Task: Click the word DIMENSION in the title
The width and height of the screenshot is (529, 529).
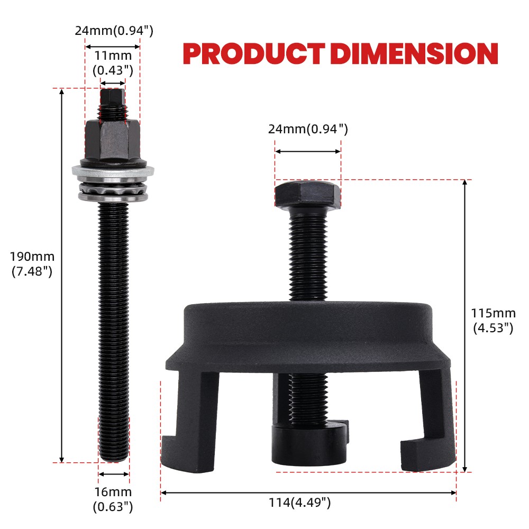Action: pos(417,53)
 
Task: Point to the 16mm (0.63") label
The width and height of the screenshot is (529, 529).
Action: pos(113,499)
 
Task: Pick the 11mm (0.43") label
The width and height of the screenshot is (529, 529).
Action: pos(113,61)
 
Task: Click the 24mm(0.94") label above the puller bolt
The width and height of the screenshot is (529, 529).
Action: pos(308,129)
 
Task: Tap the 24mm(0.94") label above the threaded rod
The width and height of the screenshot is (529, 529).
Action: pos(114,31)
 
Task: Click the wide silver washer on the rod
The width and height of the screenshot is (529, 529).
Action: pos(113,171)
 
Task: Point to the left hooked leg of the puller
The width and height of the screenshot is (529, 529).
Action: pos(185,423)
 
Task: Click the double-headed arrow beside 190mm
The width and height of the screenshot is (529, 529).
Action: pos(62,275)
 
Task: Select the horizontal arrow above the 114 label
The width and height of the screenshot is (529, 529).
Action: pos(308,492)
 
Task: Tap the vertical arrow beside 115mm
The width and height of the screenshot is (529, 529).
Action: pos(464,325)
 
